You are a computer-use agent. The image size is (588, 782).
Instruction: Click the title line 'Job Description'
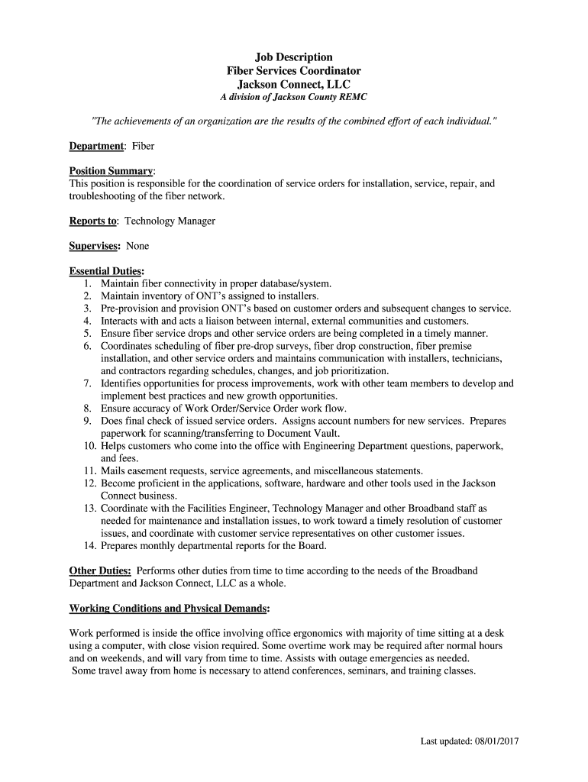(294, 57)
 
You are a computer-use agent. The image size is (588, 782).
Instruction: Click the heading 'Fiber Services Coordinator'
(294, 71)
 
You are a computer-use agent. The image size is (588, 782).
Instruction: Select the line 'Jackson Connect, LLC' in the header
(294, 85)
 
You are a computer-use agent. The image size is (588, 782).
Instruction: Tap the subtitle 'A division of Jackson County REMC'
(294, 98)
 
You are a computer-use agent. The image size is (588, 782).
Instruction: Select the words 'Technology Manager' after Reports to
(170, 221)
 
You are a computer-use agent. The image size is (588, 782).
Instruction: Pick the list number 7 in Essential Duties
(88, 383)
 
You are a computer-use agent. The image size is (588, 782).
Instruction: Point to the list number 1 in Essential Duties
(88, 283)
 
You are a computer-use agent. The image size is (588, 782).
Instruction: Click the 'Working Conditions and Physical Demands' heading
(168, 609)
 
